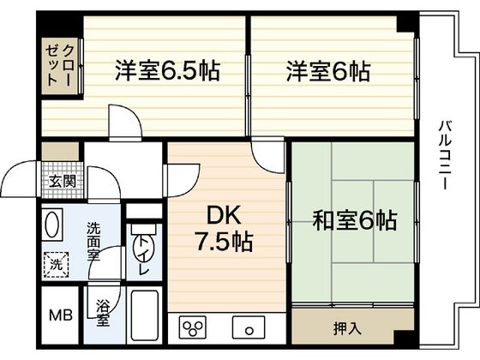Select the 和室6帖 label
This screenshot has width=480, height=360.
click(354, 220)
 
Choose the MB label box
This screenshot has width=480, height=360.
click(59, 315)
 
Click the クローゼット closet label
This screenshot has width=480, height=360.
click(60, 63)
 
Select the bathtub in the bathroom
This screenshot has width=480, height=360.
click(145, 316)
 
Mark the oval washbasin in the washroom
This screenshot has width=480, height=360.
click(53, 227)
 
